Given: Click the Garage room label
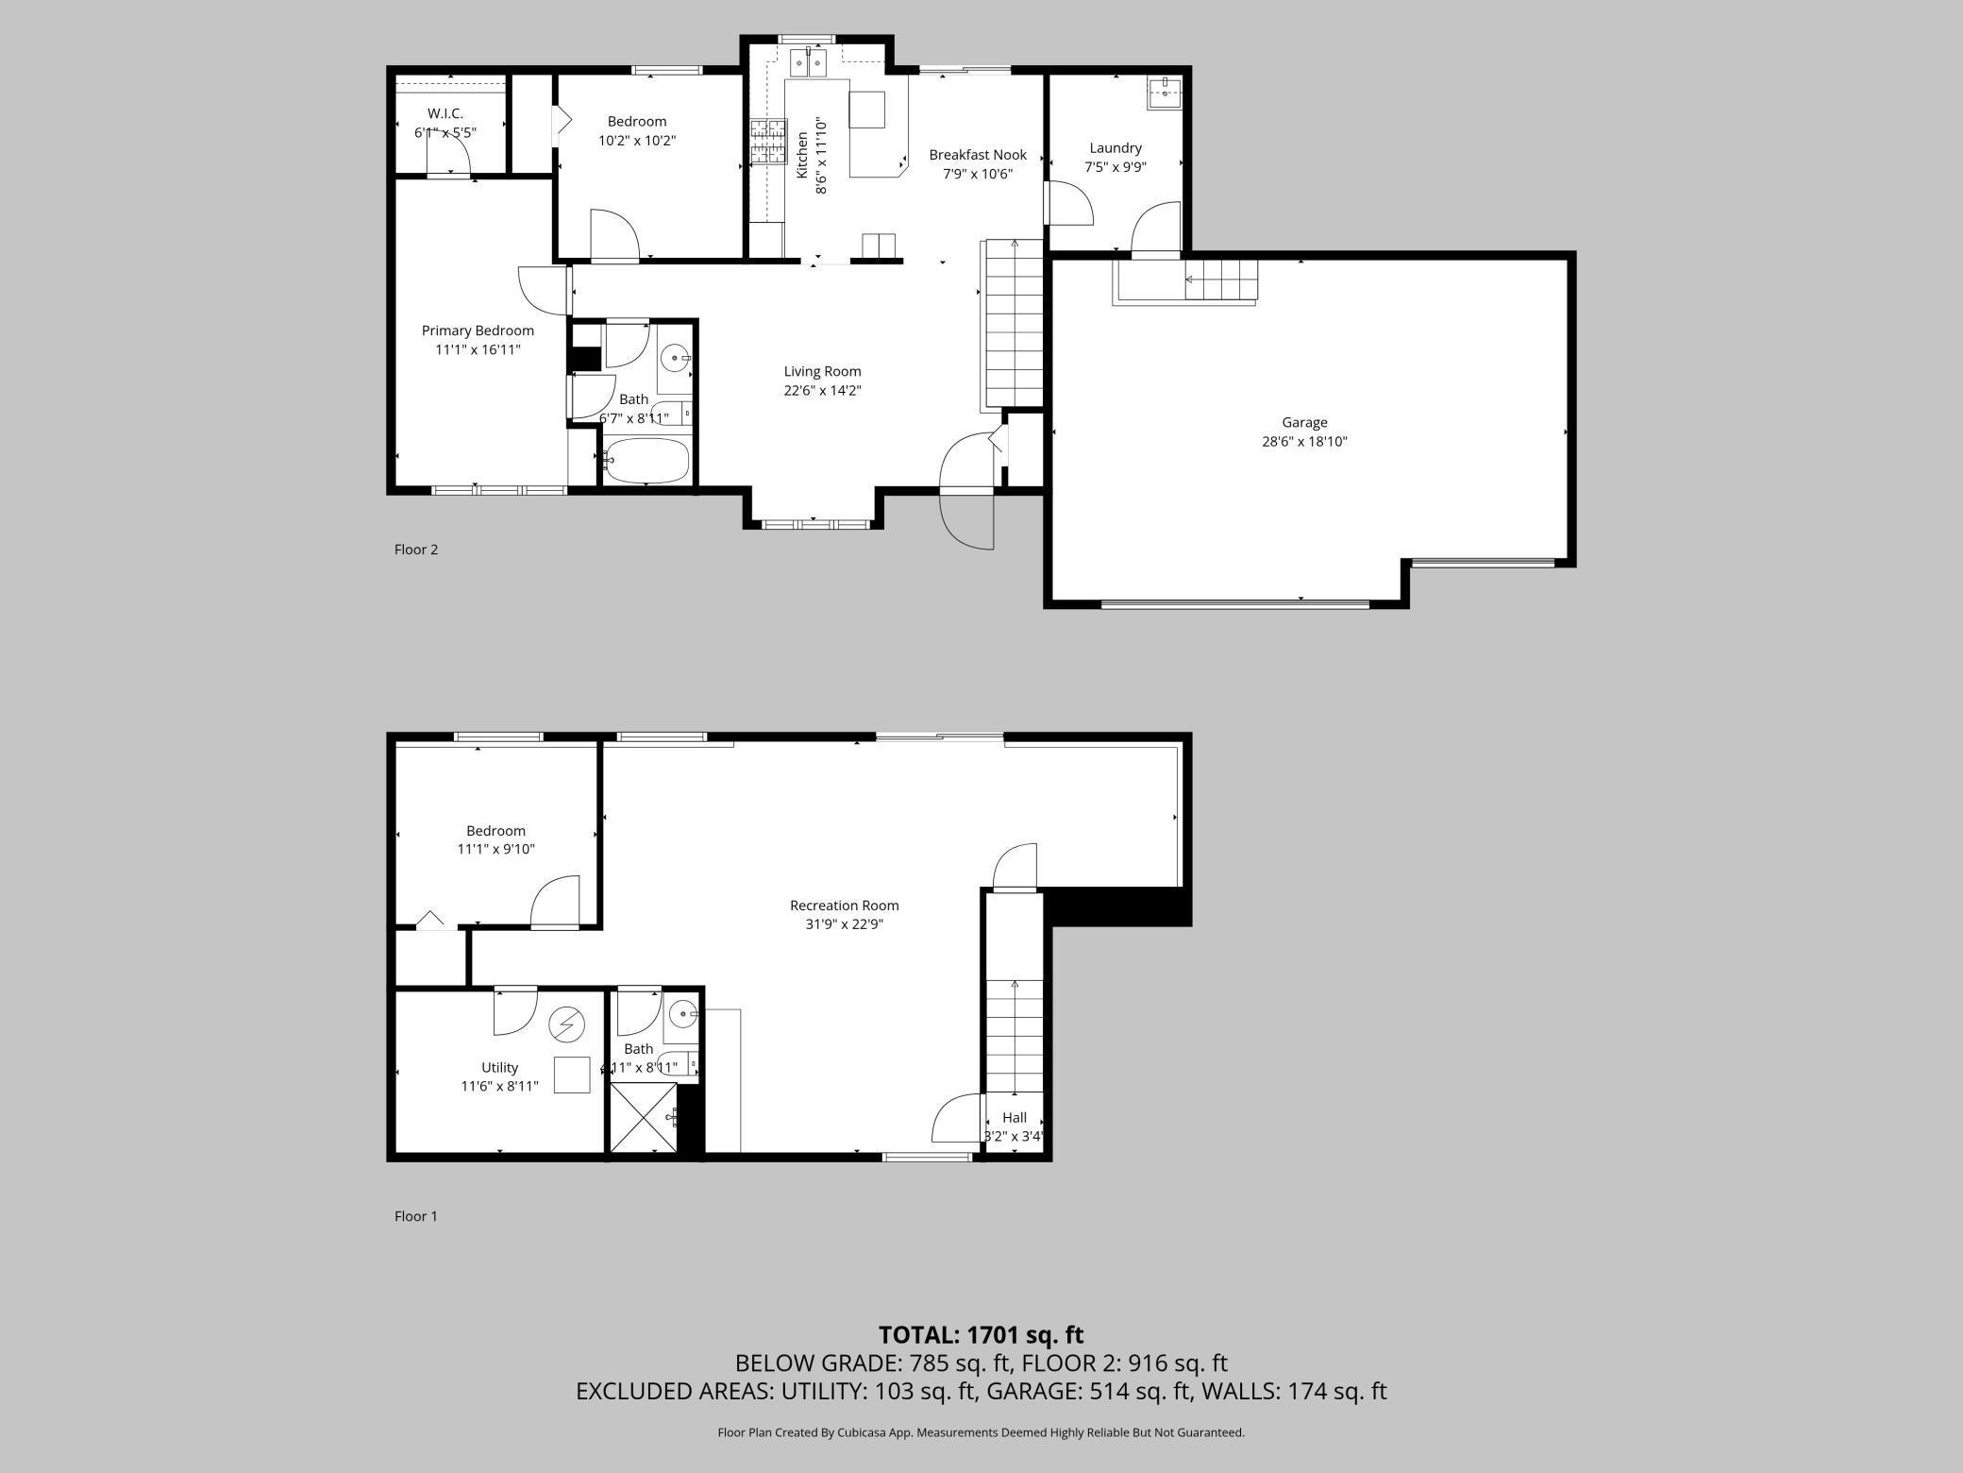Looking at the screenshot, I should pyautogui.click(x=1304, y=423).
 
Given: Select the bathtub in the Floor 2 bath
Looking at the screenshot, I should pyautogui.click(x=646, y=461).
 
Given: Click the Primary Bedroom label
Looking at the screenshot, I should pyautogui.click(x=478, y=330).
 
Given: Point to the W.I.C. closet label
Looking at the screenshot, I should pyautogui.click(x=445, y=113).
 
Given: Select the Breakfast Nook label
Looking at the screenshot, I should pyautogui.click(x=978, y=155).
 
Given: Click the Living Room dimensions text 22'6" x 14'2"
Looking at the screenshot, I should pyautogui.click(x=822, y=390).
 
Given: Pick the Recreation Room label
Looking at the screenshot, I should pyautogui.click(x=844, y=906).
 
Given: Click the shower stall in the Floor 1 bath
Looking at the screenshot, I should pyautogui.click(x=644, y=1118).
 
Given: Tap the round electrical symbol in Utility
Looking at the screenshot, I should pyautogui.click(x=568, y=1024).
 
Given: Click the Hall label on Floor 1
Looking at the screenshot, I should pyautogui.click(x=1015, y=1117).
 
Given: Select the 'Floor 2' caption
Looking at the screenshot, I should pyautogui.click(x=416, y=550).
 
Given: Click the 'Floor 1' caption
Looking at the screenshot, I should pyautogui.click(x=416, y=1216).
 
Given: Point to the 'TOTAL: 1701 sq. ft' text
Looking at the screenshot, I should pyautogui.click(x=981, y=1335).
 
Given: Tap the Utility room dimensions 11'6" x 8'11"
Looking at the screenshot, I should pyautogui.click(x=499, y=1086).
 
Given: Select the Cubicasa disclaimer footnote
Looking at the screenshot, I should pyautogui.click(x=981, y=1432).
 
